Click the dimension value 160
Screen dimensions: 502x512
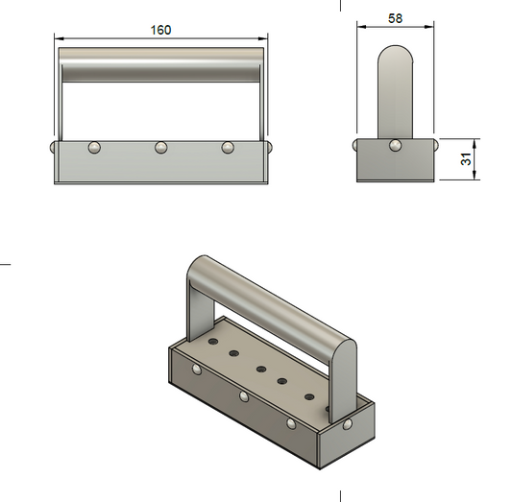point(160,30)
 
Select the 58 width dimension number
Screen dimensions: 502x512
point(395,18)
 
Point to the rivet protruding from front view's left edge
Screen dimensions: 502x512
point(50,146)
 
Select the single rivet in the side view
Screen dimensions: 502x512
point(395,146)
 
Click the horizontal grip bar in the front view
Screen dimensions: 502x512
point(160,64)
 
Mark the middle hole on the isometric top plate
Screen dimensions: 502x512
point(259,368)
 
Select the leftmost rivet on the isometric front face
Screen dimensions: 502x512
point(197,369)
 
